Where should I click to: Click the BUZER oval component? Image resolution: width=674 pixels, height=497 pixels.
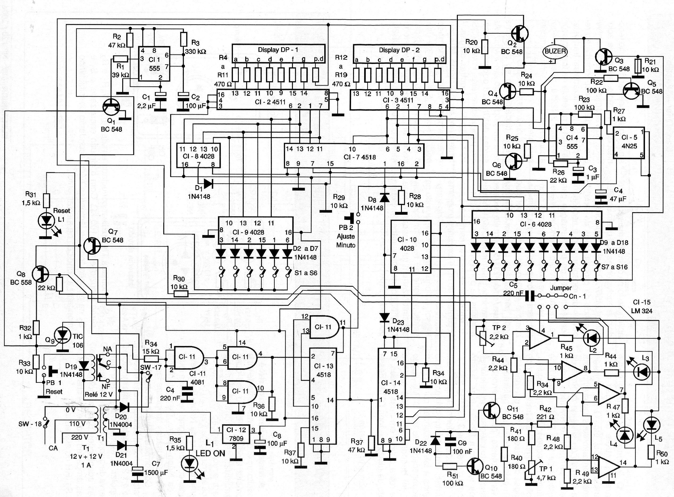coord(555,51)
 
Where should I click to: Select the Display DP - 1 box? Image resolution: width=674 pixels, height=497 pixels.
coord(278,50)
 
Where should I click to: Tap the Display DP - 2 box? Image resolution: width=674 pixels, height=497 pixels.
coord(399,50)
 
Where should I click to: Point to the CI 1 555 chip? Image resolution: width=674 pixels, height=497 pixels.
coord(154,64)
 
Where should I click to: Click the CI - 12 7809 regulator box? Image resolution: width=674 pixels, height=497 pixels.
coord(236,434)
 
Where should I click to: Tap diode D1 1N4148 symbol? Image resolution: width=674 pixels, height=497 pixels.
coord(208,184)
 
